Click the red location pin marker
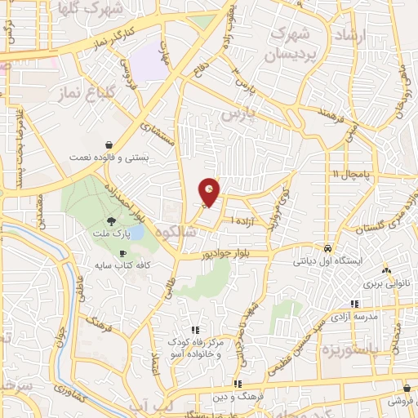tap(210, 191)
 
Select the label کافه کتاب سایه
tap(122, 266)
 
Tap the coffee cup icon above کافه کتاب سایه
tap(122, 253)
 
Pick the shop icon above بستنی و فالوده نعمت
tap(109, 144)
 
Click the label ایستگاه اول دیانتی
tap(326, 263)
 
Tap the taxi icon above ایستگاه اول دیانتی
tap(327, 248)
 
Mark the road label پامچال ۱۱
tap(354, 174)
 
